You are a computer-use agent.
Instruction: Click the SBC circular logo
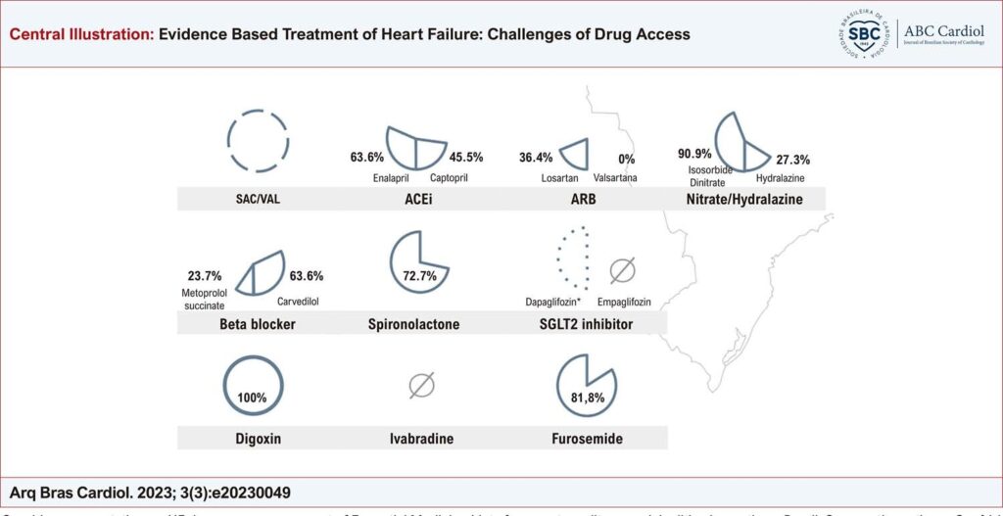(x=863, y=33)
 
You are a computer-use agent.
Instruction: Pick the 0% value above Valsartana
(x=627, y=158)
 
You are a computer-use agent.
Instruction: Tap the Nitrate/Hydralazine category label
(x=745, y=200)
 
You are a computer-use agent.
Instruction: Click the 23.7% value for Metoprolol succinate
(x=203, y=276)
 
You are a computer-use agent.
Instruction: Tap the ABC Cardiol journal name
(x=947, y=30)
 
